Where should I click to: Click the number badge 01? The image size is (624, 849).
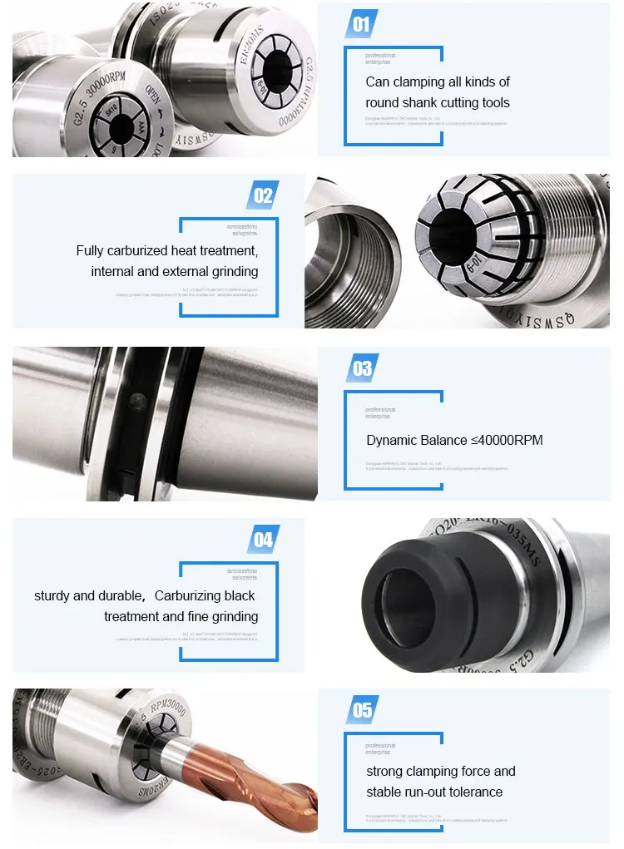pos(361,24)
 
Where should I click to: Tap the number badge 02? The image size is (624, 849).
pos(263,195)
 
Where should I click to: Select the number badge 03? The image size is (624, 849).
pos(362,368)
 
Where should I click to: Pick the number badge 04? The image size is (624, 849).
pos(263,540)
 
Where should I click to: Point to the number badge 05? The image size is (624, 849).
pos(362,711)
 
